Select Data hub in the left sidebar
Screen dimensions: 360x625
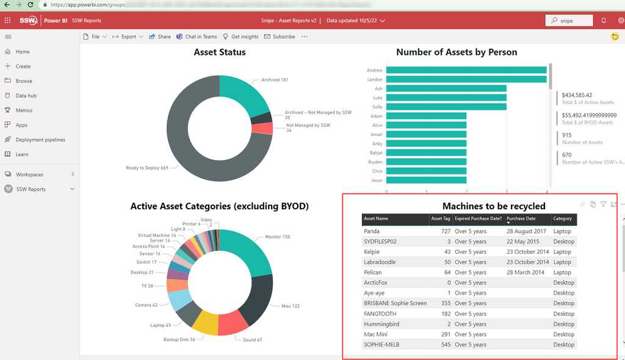26,96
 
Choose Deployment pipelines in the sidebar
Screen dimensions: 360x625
40,140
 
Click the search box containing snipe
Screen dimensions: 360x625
569,20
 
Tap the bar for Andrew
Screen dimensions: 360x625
466,70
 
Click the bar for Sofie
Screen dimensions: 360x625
446,107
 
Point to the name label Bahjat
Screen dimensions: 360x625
376,153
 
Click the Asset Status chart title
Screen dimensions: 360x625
220,52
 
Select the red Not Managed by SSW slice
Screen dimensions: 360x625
262,129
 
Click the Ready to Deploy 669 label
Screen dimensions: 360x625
146,168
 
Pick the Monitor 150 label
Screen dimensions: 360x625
278,237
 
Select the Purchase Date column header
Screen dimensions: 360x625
521,218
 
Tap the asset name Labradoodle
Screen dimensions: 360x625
380,262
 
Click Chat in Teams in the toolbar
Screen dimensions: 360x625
197,37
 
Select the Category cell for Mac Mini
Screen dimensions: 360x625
563,334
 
